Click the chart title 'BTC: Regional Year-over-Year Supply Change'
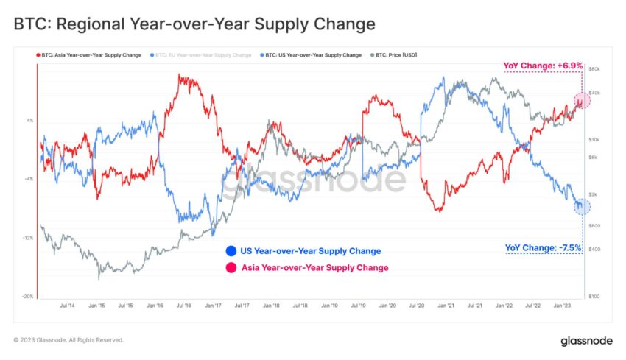pyautogui.click(x=194, y=24)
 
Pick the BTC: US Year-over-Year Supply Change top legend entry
pyautogui.click(x=314, y=55)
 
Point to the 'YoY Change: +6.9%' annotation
pyautogui.click(x=543, y=66)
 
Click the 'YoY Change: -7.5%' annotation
pyautogui.click(x=544, y=247)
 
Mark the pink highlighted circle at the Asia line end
pyautogui.click(x=582, y=100)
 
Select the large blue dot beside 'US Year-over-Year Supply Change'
pyautogui.click(x=232, y=251)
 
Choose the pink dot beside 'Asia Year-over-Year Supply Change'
pyautogui.click(x=232, y=268)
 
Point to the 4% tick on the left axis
pyautogui.click(x=30, y=121)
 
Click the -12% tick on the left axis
pyautogui.click(x=28, y=238)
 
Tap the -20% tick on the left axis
pyautogui.click(x=28, y=297)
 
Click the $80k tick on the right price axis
pyautogui.click(x=596, y=68)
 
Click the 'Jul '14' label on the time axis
pyautogui.click(x=66, y=305)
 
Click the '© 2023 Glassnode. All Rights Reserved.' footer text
pyautogui.click(x=68, y=340)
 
